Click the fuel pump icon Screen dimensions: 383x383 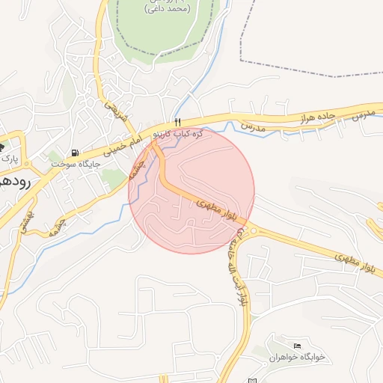[74, 153]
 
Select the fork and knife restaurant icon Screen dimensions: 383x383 [177, 122]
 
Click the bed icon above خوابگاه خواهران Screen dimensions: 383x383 [298, 345]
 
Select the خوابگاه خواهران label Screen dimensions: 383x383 [298, 357]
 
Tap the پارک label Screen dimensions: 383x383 [8, 159]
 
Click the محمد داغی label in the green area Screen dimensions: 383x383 [165, 8]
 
